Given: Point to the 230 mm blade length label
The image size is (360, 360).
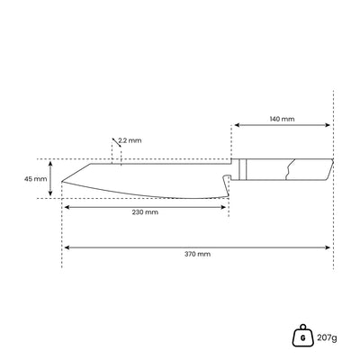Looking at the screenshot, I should click(144, 212).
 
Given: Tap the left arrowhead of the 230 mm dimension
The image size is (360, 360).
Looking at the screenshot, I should click(66, 207).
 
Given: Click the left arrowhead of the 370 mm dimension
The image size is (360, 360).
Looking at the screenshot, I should click(66, 246).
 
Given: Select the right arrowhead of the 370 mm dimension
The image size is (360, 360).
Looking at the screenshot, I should click(330, 246).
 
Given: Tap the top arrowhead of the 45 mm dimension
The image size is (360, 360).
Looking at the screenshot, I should click(50, 163).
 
